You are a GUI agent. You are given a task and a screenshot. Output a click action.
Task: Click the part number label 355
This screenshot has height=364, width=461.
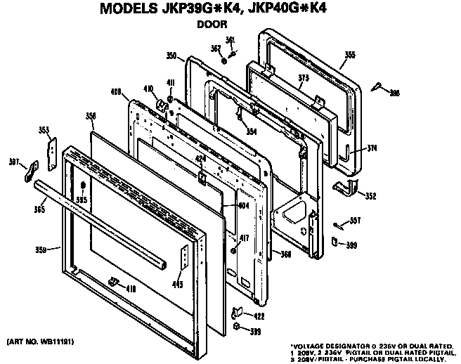(349, 54)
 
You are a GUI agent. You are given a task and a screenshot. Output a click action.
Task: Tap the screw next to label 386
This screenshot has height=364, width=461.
(378, 86)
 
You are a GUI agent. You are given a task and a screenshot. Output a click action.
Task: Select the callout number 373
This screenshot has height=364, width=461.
(303, 78)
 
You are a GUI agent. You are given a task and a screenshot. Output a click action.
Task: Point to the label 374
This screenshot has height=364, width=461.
(372, 148)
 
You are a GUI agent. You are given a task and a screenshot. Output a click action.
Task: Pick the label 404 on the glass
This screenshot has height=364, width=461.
(243, 205)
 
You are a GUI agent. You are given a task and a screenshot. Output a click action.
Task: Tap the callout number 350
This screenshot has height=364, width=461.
(170, 56)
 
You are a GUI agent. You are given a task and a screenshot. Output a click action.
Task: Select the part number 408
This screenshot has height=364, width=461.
(117, 91)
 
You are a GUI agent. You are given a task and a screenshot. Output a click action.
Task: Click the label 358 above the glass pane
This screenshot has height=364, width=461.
(90, 115)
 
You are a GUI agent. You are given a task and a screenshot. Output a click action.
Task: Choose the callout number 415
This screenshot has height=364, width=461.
(178, 284)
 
